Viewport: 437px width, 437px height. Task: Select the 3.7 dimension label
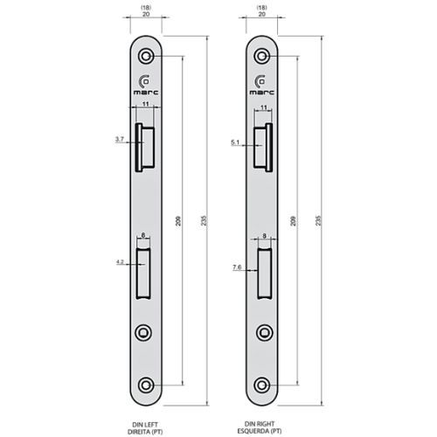[119, 139]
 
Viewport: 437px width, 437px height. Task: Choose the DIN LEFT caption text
[144, 422]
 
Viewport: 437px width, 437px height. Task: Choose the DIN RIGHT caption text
[262, 422]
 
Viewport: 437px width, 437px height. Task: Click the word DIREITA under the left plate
[140, 430]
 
